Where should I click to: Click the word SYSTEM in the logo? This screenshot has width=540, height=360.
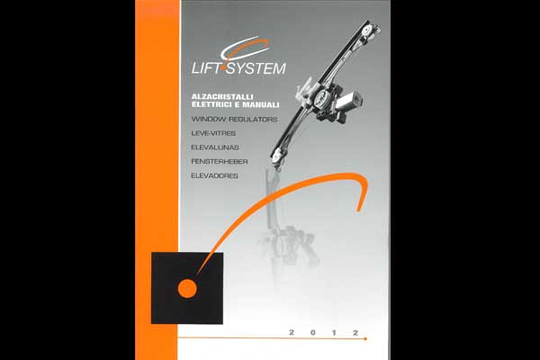pos(256,68)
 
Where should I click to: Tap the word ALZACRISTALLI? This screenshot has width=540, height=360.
pos(222,97)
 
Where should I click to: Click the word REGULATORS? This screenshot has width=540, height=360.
pos(253,119)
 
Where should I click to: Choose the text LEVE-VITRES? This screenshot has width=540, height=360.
pos(213,133)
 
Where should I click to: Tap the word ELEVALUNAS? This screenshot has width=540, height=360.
pos(215,148)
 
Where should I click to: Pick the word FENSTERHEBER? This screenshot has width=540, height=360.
pos(220,162)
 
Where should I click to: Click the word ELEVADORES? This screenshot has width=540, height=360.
pos(214,175)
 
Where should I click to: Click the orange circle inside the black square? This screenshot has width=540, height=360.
pos(187,289)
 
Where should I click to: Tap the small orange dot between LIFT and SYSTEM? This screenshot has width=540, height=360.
pos(224,69)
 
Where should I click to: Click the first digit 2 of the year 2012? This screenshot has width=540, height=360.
pos(292,332)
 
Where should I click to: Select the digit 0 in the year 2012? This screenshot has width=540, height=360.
pos(312,332)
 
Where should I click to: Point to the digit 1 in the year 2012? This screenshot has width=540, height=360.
pos(334,332)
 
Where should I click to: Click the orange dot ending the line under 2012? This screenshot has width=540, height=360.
pos(365,339)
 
